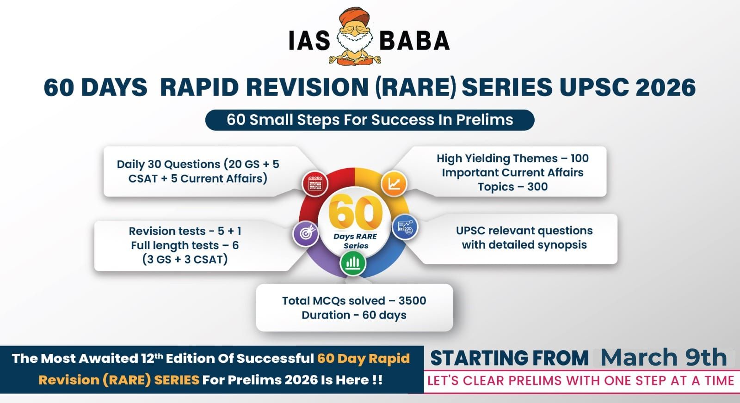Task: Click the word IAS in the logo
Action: click(x=309, y=41)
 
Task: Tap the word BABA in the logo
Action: click(x=414, y=41)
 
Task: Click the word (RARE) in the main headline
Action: click(x=416, y=87)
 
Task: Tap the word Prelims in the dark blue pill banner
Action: click(x=485, y=120)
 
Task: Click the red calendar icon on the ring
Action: click(x=315, y=183)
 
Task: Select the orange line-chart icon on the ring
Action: click(x=394, y=183)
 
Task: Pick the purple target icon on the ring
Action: click(x=306, y=234)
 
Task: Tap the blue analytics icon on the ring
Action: click(x=405, y=227)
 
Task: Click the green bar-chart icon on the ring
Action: click(x=353, y=263)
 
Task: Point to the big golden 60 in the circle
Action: click(x=356, y=211)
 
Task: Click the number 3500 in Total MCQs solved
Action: click(x=412, y=301)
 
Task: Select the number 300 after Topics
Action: click(x=537, y=187)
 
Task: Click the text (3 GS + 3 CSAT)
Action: click(x=185, y=259)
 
